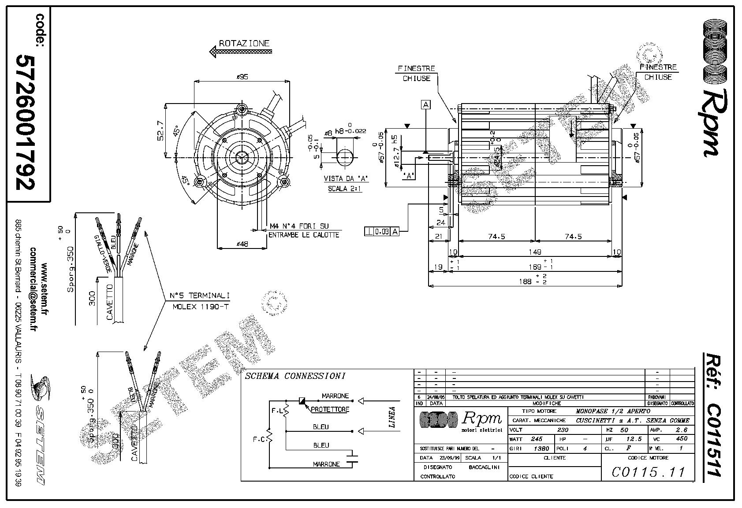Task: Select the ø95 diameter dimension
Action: [x=242, y=77]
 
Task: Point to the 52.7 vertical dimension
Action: [x=161, y=131]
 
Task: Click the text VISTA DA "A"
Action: [x=346, y=178]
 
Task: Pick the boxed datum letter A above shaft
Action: [x=426, y=105]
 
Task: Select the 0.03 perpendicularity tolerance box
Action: [x=382, y=231]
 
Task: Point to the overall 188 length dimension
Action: [x=525, y=282]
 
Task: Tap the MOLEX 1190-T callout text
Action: [x=200, y=307]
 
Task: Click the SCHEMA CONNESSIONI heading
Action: [x=295, y=376]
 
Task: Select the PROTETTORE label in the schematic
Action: [x=330, y=409]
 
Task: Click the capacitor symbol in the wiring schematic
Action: [x=352, y=458]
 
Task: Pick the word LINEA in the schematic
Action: [x=392, y=418]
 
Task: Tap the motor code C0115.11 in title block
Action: [x=648, y=472]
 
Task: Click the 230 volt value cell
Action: [x=563, y=430]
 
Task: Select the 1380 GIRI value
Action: [x=541, y=449]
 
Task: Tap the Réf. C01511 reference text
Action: [x=711, y=414]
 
